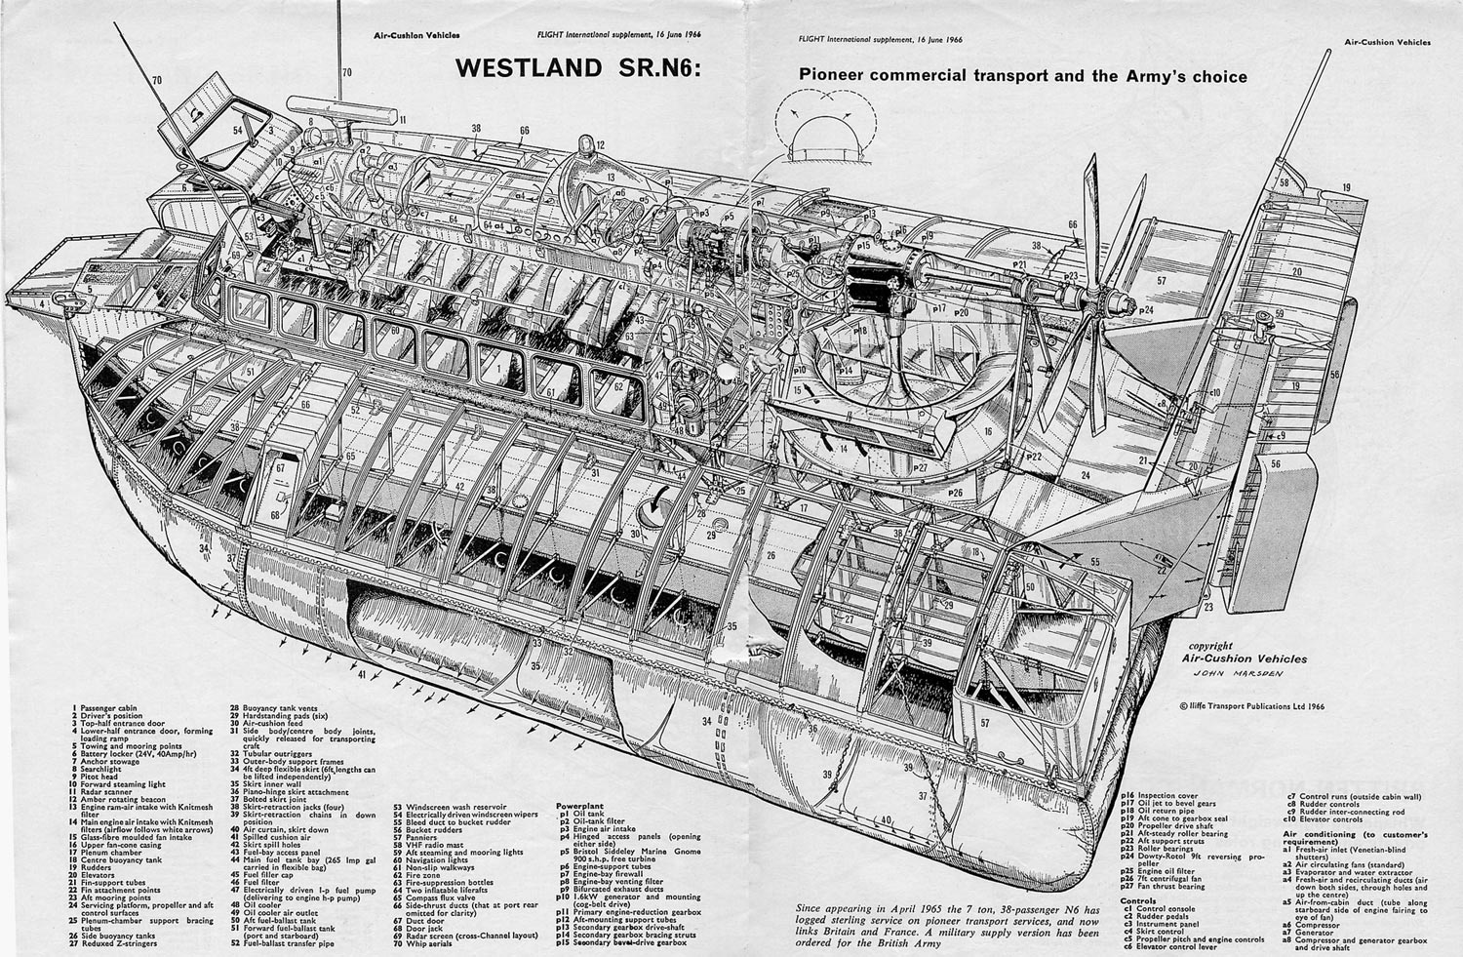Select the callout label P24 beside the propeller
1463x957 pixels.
point(1144,309)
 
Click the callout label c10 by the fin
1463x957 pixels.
point(1215,392)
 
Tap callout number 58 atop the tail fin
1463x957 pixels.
point(1285,182)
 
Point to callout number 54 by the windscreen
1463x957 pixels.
point(237,129)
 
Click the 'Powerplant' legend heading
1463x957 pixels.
point(576,806)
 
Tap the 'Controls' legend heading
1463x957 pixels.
point(1138,901)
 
